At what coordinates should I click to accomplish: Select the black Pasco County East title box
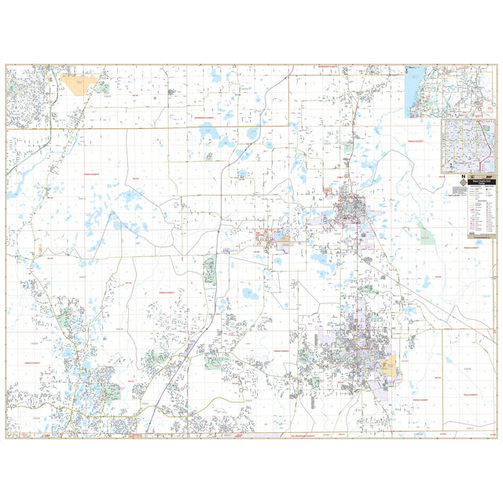click(481, 182)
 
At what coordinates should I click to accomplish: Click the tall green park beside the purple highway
click(210, 270)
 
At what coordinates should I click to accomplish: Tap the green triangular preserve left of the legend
click(425, 233)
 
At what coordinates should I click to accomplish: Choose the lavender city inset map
click(468, 145)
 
